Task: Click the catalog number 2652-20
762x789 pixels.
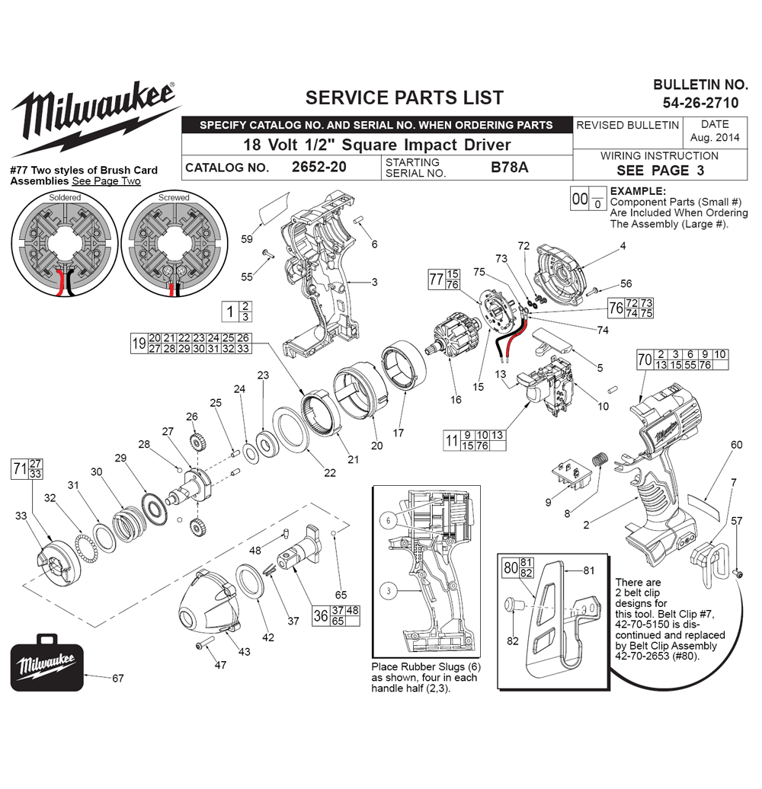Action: [319, 167]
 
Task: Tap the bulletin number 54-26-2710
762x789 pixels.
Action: [700, 103]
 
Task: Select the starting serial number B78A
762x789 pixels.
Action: [509, 167]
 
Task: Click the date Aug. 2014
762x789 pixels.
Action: [715, 137]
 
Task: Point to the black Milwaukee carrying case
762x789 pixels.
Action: [46, 663]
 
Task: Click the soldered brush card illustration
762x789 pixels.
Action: [65, 244]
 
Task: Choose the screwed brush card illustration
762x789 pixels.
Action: [174, 244]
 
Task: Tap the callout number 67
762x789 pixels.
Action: [118, 679]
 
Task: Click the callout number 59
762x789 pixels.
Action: [247, 239]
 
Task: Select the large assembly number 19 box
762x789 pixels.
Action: [139, 343]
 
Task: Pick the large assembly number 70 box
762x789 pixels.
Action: [645, 359]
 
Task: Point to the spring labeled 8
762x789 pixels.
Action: [600, 459]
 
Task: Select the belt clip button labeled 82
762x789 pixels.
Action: [512, 603]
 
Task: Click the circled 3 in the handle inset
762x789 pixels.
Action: [388, 590]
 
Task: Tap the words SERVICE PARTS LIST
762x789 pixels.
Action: [404, 97]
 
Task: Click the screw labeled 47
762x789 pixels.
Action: [205, 643]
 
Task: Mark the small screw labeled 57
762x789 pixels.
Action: [739, 573]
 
